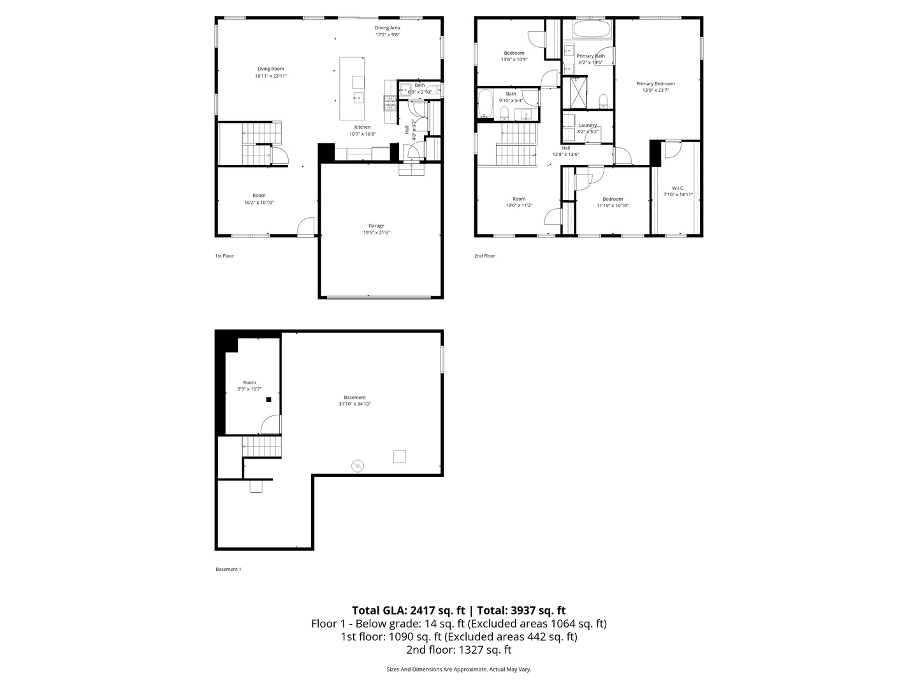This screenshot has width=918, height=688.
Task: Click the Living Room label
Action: point(270,69)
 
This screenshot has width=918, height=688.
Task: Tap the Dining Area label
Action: point(387,28)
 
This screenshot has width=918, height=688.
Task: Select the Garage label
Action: point(376,226)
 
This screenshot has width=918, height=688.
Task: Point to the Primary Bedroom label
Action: point(655,83)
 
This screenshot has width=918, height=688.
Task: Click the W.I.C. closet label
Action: point(678,188)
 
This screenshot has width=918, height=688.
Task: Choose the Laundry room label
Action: point(588,125)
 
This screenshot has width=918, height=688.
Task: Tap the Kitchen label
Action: point(362,127)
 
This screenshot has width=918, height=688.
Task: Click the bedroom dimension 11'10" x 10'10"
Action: point(613,206)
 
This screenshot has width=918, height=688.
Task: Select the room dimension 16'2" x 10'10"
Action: point(259,203)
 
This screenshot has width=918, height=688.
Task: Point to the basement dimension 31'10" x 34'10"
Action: point(355,404)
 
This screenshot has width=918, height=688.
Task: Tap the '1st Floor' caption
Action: point(224,256)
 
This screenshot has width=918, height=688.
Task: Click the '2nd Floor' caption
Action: point(484,256)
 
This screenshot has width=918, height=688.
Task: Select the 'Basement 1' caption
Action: point(228,570)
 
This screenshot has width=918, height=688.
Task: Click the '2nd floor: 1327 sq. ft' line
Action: point(458,650)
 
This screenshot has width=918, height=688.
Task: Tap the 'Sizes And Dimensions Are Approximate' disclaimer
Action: point(458,670)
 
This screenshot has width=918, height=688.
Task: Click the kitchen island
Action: point(353,89)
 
